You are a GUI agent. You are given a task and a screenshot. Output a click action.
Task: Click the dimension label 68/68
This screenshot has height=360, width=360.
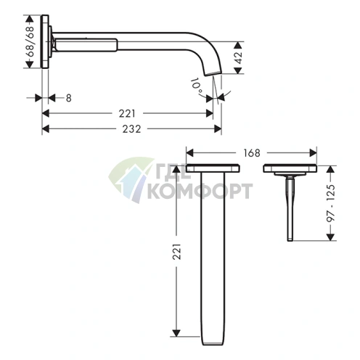(30, 41)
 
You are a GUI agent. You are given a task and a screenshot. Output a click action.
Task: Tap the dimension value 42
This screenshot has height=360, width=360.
(239, 57)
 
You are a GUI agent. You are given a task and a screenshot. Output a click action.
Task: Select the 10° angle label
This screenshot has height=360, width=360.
(197, 86)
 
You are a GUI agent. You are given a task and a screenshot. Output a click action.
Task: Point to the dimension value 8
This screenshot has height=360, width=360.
(69, 98)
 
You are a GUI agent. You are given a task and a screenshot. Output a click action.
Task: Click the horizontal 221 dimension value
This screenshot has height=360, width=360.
(127, 113)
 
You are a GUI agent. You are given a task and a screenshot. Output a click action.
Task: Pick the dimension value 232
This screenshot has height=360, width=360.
(131, 129)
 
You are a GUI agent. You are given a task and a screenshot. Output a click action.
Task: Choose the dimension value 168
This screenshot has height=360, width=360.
(252, 153)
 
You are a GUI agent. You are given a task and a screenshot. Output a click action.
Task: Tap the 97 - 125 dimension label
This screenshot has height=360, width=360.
(331, 203)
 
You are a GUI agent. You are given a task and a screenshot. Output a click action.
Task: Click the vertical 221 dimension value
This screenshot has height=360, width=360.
(177, 252)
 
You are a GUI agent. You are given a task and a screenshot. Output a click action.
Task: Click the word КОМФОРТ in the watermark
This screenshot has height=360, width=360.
(200, 191)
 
